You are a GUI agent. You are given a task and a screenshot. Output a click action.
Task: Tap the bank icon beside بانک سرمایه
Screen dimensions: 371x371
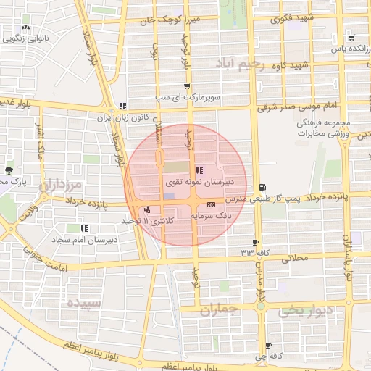click(211, 205)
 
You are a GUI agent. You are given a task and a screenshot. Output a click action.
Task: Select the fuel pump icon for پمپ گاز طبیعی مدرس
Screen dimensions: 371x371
click(262, 187)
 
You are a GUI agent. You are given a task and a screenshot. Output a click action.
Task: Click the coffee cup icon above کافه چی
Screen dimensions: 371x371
click(269, 346)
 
